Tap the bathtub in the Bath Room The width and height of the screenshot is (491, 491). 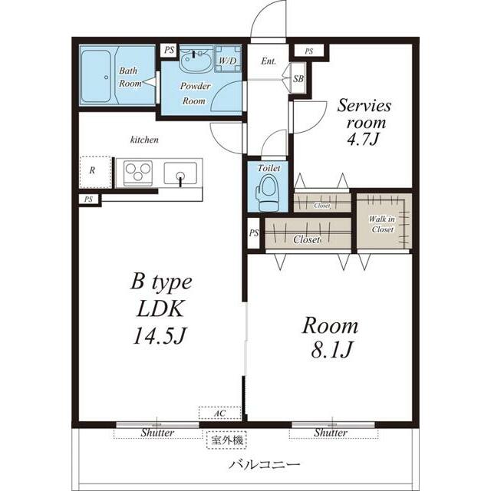click(96, 76)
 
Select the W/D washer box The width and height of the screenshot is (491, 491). click(228, 60)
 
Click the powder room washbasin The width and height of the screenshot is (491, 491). click(196, 60)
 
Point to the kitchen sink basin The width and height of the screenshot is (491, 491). click(180, 173)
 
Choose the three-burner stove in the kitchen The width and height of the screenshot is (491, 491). click(138, 173)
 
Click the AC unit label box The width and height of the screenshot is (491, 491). click(220, 413)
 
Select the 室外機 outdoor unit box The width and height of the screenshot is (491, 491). click(227, 440)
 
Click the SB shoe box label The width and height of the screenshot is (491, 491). click(298, 78)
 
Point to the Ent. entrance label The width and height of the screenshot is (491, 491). click(269, 61)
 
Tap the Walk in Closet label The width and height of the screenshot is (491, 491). click(382, 224)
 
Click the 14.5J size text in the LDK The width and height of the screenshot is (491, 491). click(160, 335)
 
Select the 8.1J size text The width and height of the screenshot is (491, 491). click(332, 350)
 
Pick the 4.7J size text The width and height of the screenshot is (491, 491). click(363, 138)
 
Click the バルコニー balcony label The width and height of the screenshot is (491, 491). click(265, 464)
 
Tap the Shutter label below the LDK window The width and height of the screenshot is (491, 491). click(157, 433)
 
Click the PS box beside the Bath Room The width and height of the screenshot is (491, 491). click(169, 50)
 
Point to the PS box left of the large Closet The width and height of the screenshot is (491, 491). click(254, 233)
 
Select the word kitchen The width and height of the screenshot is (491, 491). click(144, 140)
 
